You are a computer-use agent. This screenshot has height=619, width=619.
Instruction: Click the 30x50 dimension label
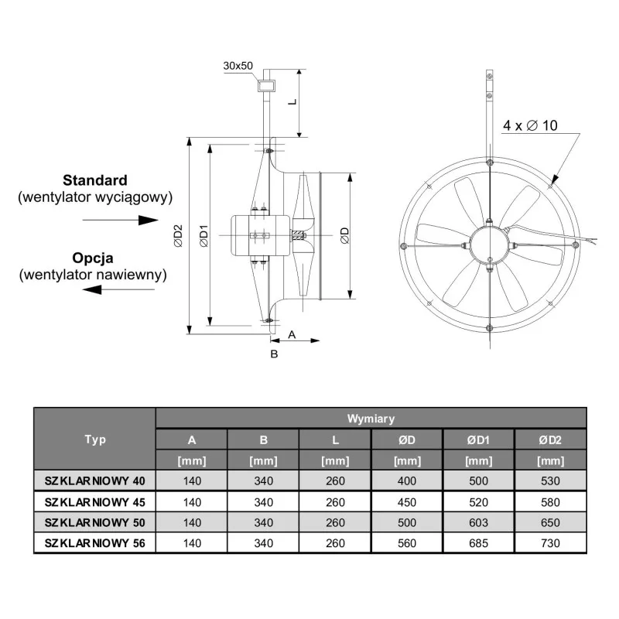pos(238,66)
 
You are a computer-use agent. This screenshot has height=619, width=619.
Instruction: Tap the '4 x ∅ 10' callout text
pos(530,125)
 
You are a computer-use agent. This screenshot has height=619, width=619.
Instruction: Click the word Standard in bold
pos(95,180)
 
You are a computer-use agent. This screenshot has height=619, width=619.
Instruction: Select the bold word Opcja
pos(93,258)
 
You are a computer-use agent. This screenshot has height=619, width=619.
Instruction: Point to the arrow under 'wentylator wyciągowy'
pos(121,220)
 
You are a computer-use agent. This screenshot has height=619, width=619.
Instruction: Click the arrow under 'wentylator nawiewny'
pos(118,289)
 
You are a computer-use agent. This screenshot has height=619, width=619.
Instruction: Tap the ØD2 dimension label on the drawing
pos(179,236)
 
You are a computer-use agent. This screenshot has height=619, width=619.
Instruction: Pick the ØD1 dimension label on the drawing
pos(203,236)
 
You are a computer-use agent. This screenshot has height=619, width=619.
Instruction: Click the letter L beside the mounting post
pos(292,102)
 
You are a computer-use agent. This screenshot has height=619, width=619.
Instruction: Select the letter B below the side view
pos(274,354)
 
